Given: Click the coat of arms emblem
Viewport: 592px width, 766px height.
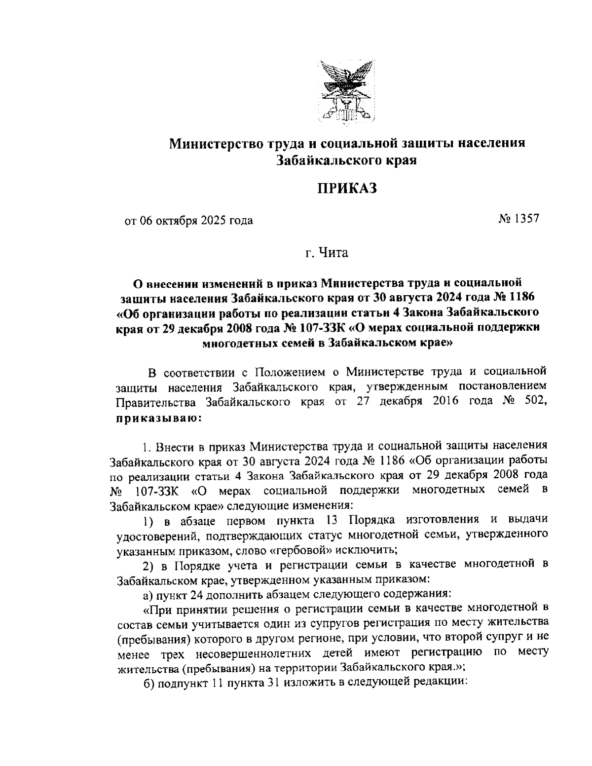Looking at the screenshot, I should pyautogui.click(x=346, y=92).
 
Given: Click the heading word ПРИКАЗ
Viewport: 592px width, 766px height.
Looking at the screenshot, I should pyautogui.click(x=346, y=189).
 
